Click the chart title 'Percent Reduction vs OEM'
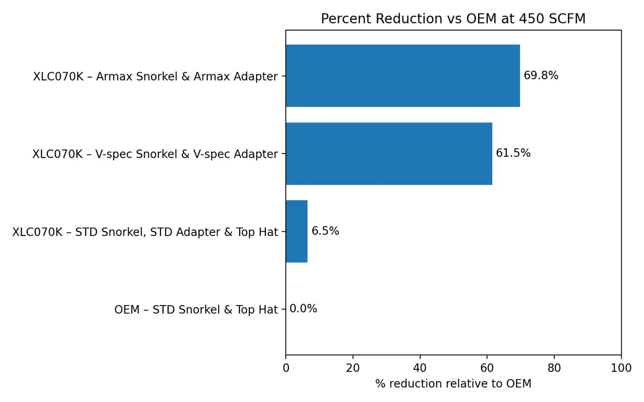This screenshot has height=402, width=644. pyautogui.click(x=452, y=19)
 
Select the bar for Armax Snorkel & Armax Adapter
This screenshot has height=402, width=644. pyautogui.click(x=403, y=76)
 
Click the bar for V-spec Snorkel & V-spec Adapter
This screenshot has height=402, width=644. pyautogui.click(x=388, y=154)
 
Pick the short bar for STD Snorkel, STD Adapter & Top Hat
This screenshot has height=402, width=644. pyautogui.click(x=297, y=231)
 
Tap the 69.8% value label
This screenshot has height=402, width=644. pyautogui.click(x=541, y=76)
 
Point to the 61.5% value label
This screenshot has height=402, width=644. pyautogui.click(x=513, y=154)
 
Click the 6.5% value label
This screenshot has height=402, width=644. pyautogui.click(x=325, y=231)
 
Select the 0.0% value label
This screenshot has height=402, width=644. pyautogui.click(x=303, y=309)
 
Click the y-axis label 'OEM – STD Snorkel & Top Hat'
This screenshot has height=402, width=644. pyautogui.click(x=196, y=310)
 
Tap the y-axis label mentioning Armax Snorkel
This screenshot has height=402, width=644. pyautogui.click(x=155, y=77)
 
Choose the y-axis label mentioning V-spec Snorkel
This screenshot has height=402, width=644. pyautogui.click(x=155, y=155)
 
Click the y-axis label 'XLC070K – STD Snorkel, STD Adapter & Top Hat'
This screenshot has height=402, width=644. pyautogui.click(x=145, y=232)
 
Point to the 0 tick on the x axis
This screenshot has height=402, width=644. pyautogui.click(x=286, y=368)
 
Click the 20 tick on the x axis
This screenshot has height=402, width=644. pyautogui.click(x=353, y=368)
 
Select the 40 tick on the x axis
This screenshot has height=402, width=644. pyautogui.click(x=420, y=368)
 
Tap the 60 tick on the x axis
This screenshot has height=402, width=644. pyautogui.click(x=487, y=368)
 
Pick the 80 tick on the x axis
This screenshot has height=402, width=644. pyautogui.click(x=554, y=368)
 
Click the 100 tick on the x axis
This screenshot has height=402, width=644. pyautogui.click(x=621, y=368)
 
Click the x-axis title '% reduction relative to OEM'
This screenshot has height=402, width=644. pyautogui.click(x=453, y=384)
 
